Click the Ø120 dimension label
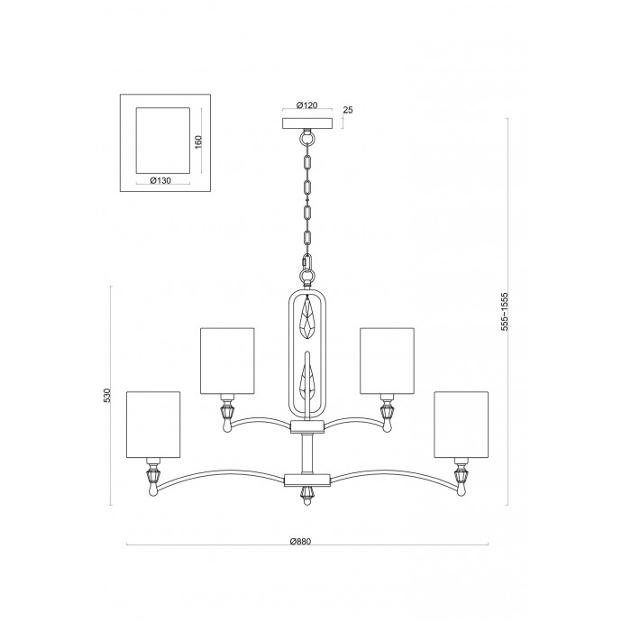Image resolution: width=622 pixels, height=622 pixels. pos(307,105)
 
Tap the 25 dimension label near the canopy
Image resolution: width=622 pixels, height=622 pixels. pos(347,110)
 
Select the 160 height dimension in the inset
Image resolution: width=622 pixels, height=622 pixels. pos(198,142)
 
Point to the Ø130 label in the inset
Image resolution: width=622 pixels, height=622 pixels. pos(160,180)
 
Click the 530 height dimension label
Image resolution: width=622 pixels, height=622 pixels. pos(106,396)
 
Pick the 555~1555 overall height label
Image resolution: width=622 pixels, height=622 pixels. pos(504,312)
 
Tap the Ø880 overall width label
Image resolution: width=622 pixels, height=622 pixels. pos(300,542)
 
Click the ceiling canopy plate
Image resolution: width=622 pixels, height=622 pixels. pos(307,123)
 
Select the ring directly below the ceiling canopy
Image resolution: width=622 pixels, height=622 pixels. pos(307,139)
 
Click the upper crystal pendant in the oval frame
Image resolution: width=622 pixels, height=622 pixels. pos(307,318)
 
